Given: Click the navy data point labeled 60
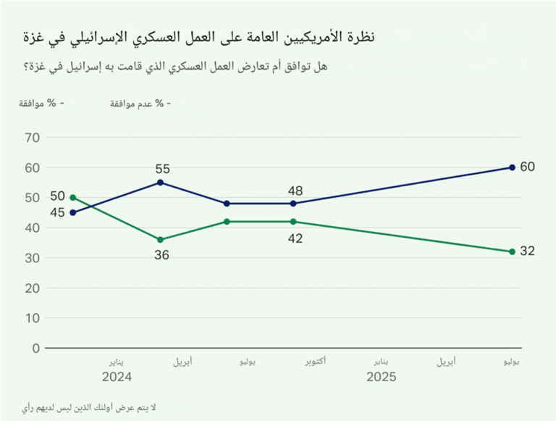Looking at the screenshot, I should (512, 167).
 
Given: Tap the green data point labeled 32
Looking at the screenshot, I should (512, 251).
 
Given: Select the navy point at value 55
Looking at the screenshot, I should (160, 183).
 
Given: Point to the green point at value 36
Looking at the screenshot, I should (160, 240).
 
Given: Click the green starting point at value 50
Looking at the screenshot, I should (72, 197).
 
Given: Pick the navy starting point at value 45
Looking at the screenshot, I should (72, 212).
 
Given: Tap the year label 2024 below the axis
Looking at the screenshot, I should (117, 377).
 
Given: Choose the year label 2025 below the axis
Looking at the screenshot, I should (382, 377).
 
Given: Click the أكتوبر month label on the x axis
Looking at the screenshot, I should (313, 361).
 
